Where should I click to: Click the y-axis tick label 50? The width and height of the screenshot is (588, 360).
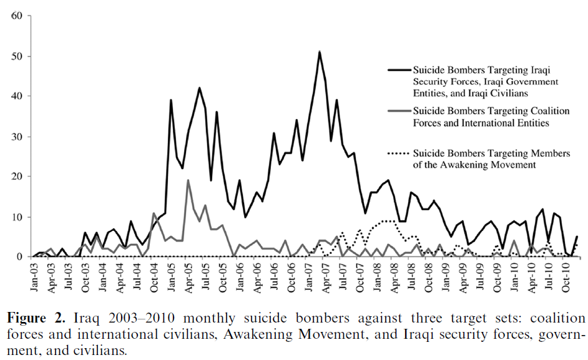tap(17, 56)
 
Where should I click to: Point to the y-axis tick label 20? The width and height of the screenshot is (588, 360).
tap(17, 177)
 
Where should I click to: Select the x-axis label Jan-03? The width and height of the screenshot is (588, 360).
tap(34, 277)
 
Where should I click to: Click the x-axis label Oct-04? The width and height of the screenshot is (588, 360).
tap(154, 277)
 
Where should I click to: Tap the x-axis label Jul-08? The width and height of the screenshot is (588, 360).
tap(411, 276)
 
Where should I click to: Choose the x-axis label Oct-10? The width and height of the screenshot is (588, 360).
tap(566, 277)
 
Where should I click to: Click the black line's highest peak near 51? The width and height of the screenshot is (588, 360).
tap(319, 51)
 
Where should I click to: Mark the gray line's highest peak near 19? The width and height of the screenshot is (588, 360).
tap(188, 180)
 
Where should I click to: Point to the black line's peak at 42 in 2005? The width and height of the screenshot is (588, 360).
tap(200, 88)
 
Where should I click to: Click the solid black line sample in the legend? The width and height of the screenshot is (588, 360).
tap(399, 70)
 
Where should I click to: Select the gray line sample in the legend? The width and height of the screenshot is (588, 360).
tap(399, 111)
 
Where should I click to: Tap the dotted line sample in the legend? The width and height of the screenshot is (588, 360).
tap(399, 153)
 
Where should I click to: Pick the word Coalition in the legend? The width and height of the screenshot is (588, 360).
tap(550, 111)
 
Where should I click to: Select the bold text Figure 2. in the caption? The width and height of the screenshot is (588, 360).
tap(36, 318)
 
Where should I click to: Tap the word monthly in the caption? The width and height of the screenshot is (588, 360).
tap(209, 319)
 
